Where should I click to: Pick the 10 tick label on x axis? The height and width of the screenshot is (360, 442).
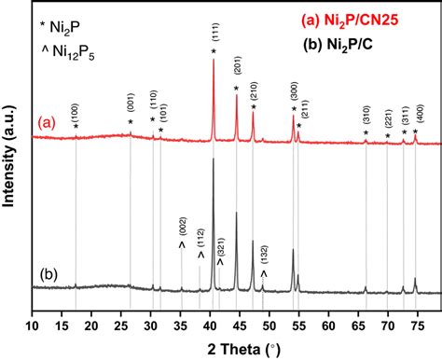tap(32, 325)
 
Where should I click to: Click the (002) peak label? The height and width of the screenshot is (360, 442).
tap(183, 228)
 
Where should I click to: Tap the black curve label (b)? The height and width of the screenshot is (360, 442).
tap(43, 275)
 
